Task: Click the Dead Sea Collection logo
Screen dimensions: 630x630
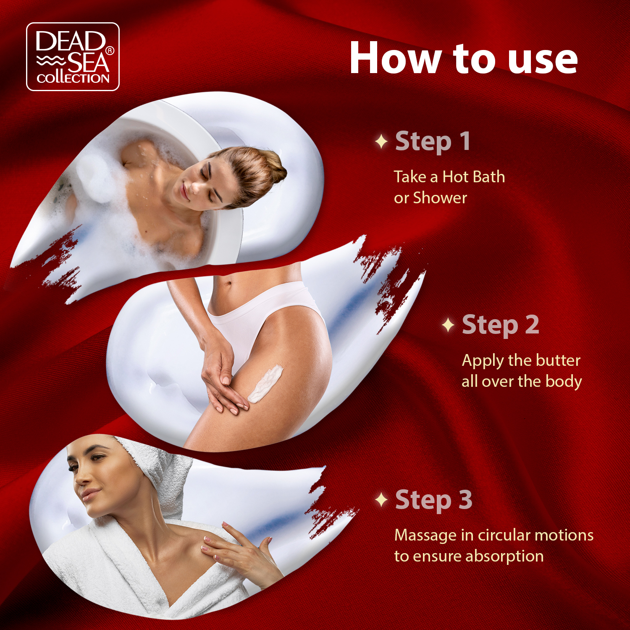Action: [73, 57]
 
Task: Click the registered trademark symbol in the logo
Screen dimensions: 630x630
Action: [109, 51]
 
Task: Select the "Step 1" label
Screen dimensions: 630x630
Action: [433, 142]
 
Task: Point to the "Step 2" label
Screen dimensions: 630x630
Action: [500, 325]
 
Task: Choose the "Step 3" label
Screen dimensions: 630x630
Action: [434, 500]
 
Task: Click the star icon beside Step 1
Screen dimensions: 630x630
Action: [381, 142]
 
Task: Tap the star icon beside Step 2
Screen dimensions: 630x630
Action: [449, 325]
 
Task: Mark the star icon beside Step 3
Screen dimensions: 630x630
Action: [381, 500]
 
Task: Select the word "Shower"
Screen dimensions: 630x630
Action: [440, 198]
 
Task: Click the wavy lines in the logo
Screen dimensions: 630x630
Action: [51, 60]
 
